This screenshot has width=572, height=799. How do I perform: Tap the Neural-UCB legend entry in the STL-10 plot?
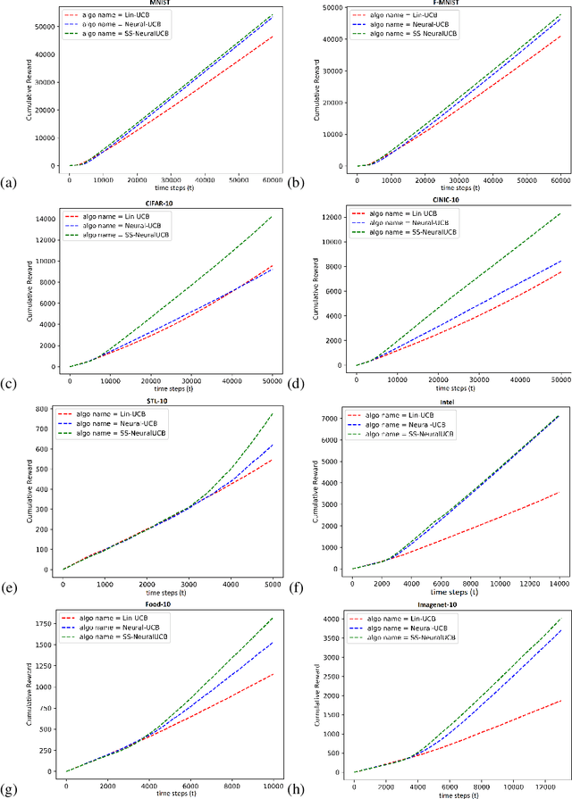tap(121, 425)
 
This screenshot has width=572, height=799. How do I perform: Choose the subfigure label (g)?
tap(9, 789)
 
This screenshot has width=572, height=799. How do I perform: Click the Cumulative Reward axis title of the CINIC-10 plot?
tap(313, 287)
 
